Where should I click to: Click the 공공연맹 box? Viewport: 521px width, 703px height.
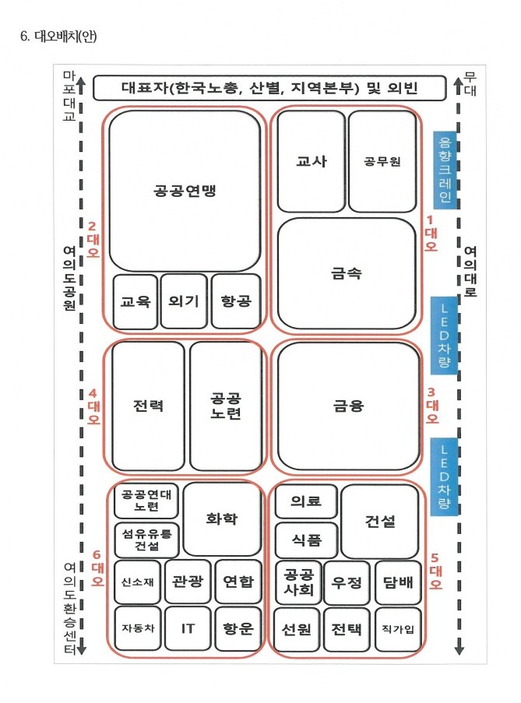[185, 191]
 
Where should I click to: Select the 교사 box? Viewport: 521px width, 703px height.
[312, 161]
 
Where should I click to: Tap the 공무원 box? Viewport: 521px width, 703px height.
[382, 161]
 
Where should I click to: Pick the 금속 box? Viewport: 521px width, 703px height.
[347, 273]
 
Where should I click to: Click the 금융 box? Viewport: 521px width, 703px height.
[349, 406]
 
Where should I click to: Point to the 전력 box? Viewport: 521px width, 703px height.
[148, 406]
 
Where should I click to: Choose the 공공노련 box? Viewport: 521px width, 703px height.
[226, 406]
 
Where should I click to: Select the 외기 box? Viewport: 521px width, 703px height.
[184, 301]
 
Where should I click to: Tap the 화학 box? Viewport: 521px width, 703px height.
[222, 519]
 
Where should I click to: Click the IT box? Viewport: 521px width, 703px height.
[188, 628]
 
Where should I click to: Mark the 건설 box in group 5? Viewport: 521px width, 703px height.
[380, 521]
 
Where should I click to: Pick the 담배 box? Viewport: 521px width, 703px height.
[398, 582]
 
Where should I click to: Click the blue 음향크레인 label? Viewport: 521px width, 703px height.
[445, 170]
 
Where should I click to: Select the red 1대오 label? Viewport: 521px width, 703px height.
[431, 234]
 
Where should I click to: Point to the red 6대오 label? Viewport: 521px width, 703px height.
[97, 568]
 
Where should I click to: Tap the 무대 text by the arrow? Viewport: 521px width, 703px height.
[470, 84]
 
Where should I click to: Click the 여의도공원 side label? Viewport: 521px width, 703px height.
[69, 278]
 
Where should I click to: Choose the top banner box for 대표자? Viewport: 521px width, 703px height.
[269, 88]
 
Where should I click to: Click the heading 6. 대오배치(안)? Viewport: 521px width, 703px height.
[58, 37]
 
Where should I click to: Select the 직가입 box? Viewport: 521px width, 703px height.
[398, 630]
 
